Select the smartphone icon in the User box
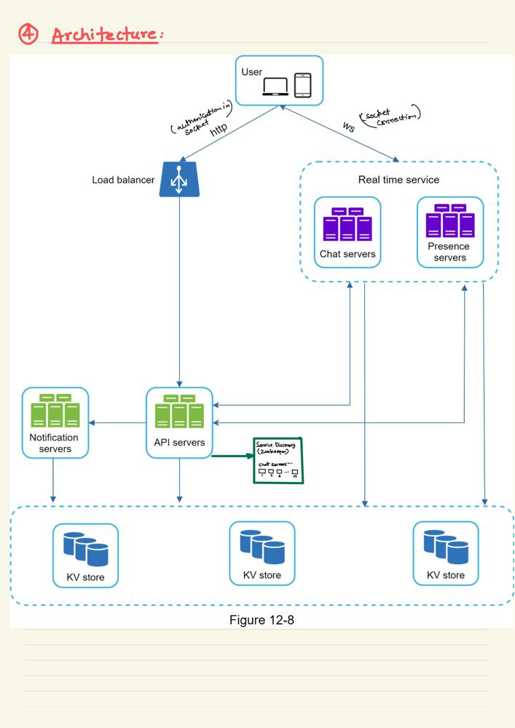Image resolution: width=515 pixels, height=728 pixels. click(x=302, y=84)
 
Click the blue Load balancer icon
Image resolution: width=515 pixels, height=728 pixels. click(x=179, y=179)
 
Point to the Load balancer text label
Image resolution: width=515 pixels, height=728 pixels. click(x=123, y=180)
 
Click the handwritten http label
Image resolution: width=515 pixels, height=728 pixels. click(x=219, y=130)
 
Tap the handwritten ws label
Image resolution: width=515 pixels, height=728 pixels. click(x=350, y=126)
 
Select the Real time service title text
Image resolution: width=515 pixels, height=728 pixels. click(x=398, y=180)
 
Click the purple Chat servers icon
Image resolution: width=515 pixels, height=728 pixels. click(x=347, y=224)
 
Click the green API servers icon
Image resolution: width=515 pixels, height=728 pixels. click(x=179, y=413)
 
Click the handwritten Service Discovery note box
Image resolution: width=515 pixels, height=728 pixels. click(x=278, y=460)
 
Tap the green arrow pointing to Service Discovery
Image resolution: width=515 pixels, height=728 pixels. click(x=232, y=456)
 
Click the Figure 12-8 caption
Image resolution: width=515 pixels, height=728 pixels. click(x=262, y=620)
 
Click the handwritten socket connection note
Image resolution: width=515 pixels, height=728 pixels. click(x=390, y=117)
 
